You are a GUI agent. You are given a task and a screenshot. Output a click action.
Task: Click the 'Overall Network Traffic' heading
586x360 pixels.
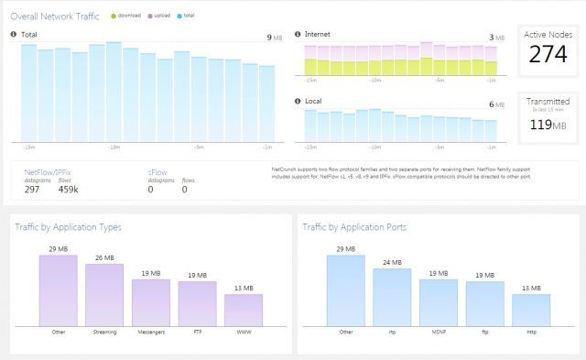[x=55, y=16]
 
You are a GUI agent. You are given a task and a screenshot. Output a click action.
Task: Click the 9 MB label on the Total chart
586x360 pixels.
[x=272, y=38]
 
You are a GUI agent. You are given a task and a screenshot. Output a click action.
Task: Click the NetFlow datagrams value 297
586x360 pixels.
[x=32, y=190]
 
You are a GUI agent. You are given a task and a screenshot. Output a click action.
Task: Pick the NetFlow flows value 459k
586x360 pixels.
[x=68, y=190]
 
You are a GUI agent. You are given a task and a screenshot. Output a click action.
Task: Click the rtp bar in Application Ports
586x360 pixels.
[x=392, y=297]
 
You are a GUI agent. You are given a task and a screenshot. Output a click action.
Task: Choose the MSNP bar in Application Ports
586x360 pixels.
[x=439, y=302]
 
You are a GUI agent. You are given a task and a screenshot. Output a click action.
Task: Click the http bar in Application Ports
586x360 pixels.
[x=531, y=310]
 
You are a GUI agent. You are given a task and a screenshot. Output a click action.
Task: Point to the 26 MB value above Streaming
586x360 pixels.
[x=104, y=258]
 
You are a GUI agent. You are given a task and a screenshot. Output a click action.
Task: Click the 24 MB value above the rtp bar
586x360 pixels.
[x=392, y=263]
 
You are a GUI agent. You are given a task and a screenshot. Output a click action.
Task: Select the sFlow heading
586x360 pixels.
[x=157, y=171]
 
